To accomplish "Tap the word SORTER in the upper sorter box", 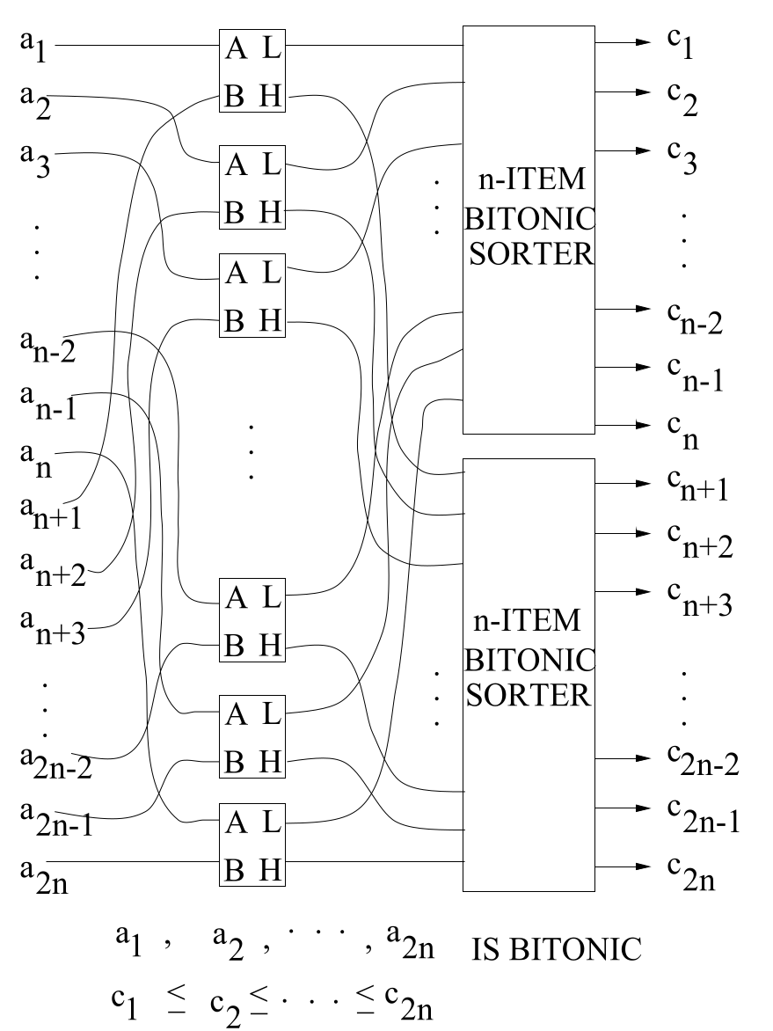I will pos(529,255).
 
